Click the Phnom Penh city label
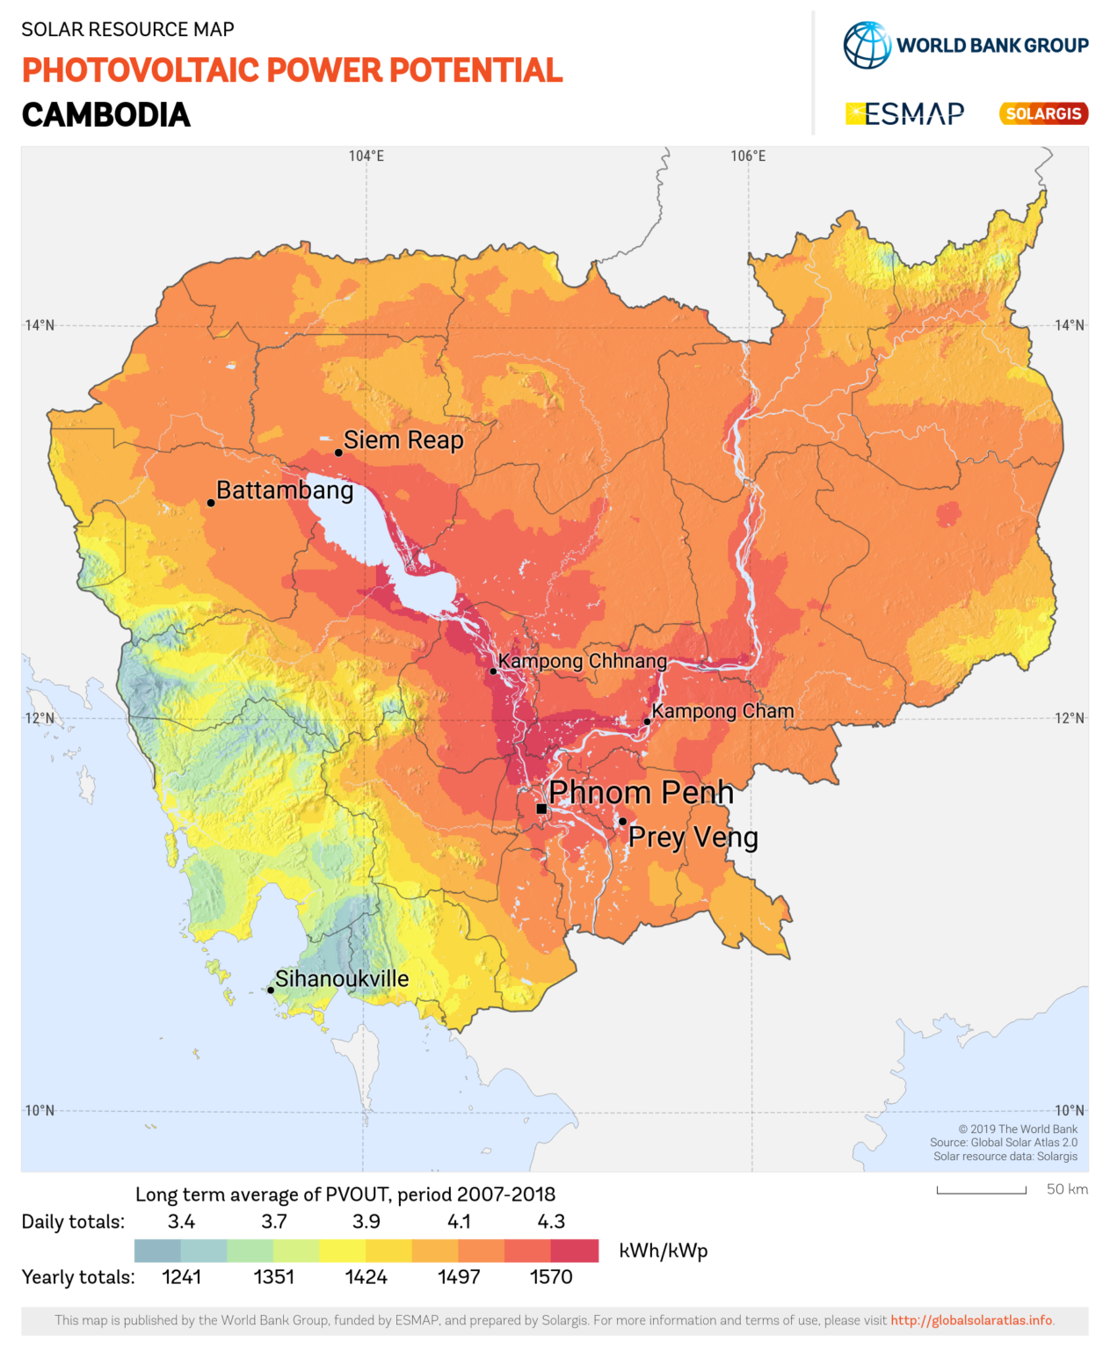click(641, 792)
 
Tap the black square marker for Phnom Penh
click(541, 809)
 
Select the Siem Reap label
click(403, 439)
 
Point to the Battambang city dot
click(211, 503)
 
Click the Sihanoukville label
click(342, 978)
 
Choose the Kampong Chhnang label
click(582, 660)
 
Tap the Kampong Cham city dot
click(647, 722)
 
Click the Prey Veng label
click(693, 837)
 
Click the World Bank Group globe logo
click(867, 45)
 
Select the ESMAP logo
click(904, 113)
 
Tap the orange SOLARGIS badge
click(1043, 113)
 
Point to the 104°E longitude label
click(366, 156)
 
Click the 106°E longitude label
click(748, 156)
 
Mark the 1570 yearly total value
click(551, 1276)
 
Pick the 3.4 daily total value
click(181, 1221)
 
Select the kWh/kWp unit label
click(663, 1250)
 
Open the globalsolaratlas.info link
click(971, 1320)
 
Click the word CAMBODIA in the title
click(106, 115)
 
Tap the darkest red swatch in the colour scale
click(575, 1250)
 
